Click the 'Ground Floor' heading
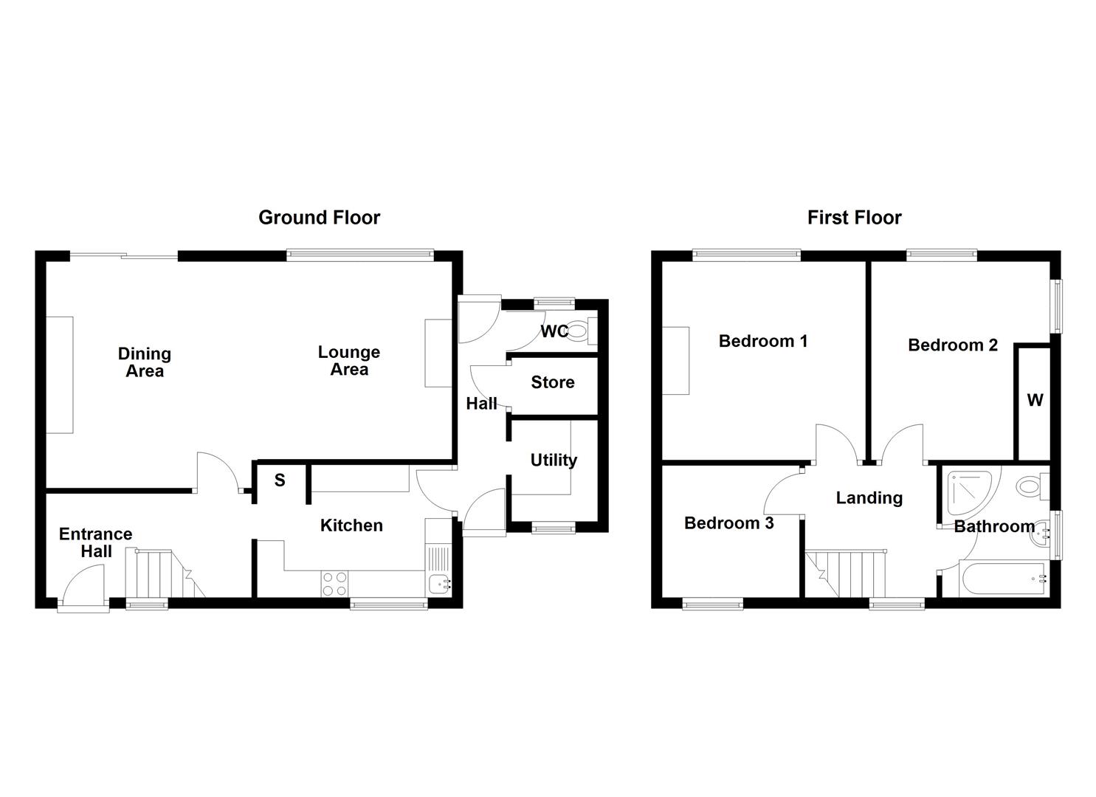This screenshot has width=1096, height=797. tap(319, 218)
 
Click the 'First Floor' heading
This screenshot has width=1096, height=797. tap(854, 218)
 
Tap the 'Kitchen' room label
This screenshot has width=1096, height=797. tap(351, 525)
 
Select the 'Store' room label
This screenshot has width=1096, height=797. tap(552, 382)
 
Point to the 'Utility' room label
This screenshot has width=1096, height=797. tap(554, 460)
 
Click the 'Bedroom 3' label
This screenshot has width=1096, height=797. tap(728, 523)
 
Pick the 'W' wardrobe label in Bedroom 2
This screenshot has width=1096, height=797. tap(1035, 400)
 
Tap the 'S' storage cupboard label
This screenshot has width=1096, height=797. tap(280, 480)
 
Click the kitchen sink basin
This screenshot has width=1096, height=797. tap(441, 584)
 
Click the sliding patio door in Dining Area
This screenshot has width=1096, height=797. tap(124, 256)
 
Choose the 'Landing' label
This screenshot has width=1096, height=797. tap(869, 498)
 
